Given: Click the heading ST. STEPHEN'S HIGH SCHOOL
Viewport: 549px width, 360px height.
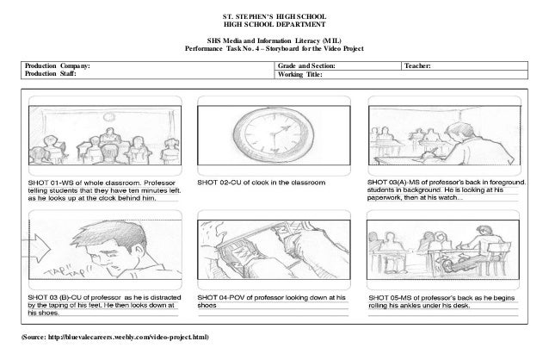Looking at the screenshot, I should pyautogui.click(x=274, y=18).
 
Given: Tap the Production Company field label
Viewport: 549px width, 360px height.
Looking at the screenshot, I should pyautogui.click(x=58, y=65).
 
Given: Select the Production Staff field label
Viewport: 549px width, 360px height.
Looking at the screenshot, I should pyautogui.click(x=50, y=75).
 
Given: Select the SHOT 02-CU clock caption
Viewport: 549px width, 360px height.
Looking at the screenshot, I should pyautogui.click(x=262, y=183).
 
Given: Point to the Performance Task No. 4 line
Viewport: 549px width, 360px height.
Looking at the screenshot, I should pyautogui.click(x=274, y=48).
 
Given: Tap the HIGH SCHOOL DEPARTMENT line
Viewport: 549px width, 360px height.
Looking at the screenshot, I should pyautogui.click(x=274, y=27).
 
